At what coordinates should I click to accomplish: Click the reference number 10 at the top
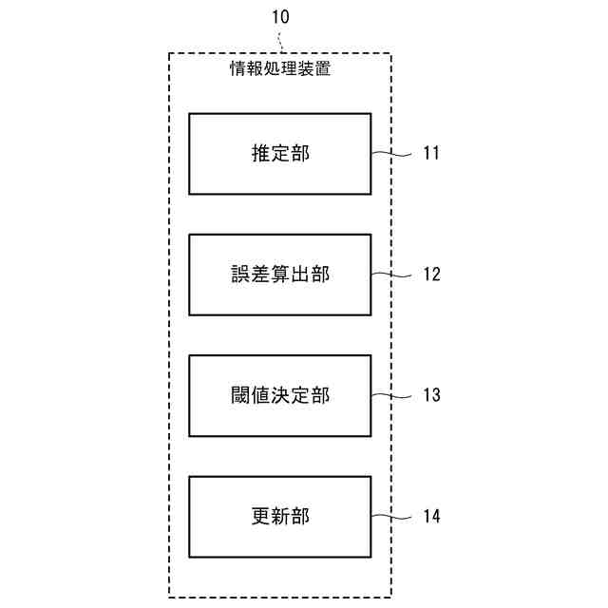click(280, 17)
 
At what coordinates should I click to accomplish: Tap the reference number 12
click(431, 275)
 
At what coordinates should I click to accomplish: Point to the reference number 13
click(431, 395)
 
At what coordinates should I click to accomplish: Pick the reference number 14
click(431, 517)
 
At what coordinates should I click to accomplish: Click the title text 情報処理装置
click(280, 68)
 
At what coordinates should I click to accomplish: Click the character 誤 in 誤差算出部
click(239, 275)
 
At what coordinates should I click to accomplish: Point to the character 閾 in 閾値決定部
click(239, 395)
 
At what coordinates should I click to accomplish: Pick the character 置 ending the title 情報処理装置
click(323, 68)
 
